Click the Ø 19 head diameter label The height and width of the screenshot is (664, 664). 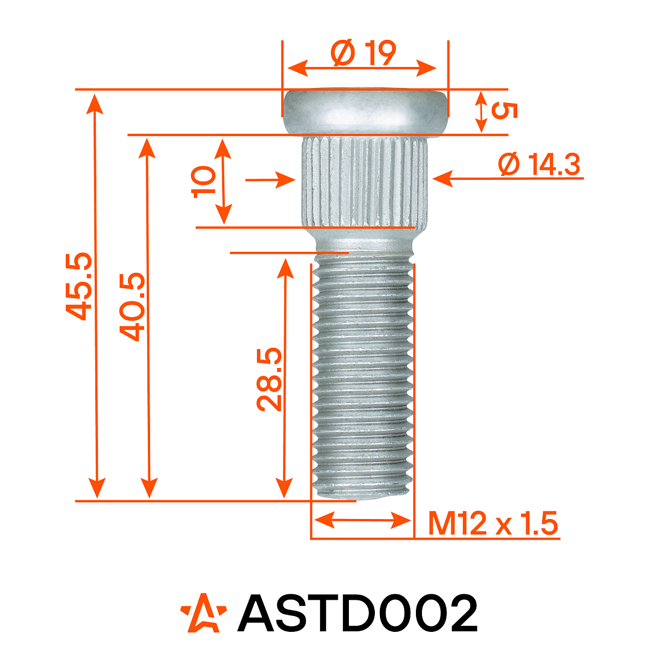(364, 54)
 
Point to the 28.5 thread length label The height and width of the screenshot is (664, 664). (270, 380)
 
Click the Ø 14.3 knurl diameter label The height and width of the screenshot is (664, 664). (539, 165)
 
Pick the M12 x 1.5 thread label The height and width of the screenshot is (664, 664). (492, 524)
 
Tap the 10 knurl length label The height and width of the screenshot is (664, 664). (204, 180)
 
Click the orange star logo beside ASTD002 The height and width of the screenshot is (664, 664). (203, 613)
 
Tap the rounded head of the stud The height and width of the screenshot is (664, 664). (365, 111)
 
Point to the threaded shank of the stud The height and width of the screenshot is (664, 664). (363, 376)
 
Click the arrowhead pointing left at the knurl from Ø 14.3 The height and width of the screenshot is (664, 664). (442, 179)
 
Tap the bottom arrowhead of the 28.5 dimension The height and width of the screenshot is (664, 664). (285, 487)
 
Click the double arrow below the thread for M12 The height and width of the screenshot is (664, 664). (363, 521)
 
